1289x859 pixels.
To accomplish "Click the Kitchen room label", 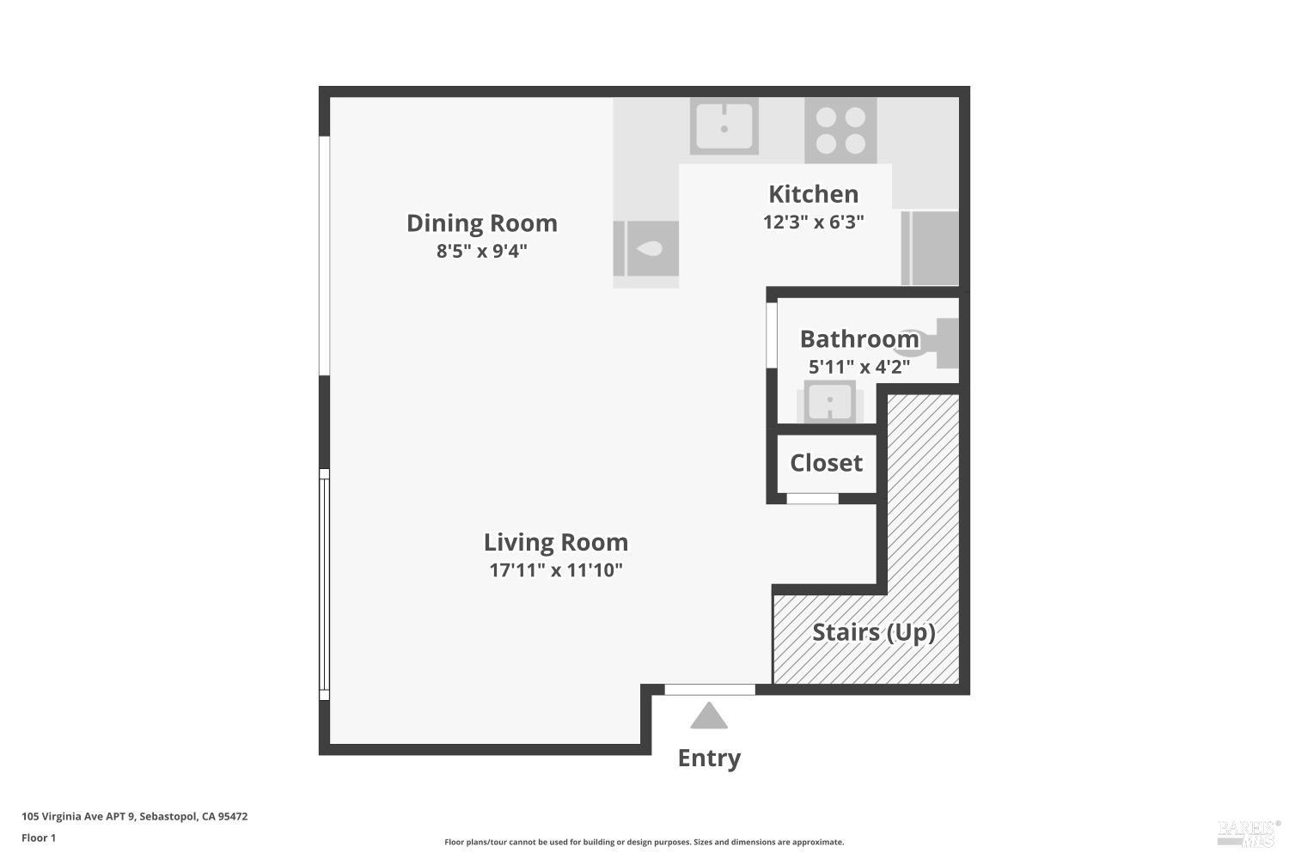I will point(813,194).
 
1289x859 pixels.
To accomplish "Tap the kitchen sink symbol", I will point(724,127).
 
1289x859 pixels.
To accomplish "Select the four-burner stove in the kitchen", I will point(840,131).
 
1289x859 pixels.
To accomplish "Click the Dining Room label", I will point(481,223).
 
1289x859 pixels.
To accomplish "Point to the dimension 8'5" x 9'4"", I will point(481,252).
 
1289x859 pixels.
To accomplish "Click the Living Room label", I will point(555,543).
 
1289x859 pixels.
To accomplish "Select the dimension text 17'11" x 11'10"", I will point(555,570).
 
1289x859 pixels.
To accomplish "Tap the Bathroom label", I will point(858,339).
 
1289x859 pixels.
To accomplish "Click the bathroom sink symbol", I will point(829,401).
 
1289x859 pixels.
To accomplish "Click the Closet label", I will point(826,463).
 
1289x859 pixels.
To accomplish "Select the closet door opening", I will point(812,498).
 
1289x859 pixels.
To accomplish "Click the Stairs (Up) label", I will point(873,632).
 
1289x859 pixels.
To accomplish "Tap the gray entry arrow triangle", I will point(709,716).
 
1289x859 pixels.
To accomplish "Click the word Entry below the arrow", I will point(709,758).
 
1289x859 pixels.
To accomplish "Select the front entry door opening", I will point(710,689).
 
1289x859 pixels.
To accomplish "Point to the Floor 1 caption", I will point(39,838).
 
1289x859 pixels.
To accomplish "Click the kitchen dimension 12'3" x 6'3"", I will point(813,222).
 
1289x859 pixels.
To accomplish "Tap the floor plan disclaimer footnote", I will point(644,843).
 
